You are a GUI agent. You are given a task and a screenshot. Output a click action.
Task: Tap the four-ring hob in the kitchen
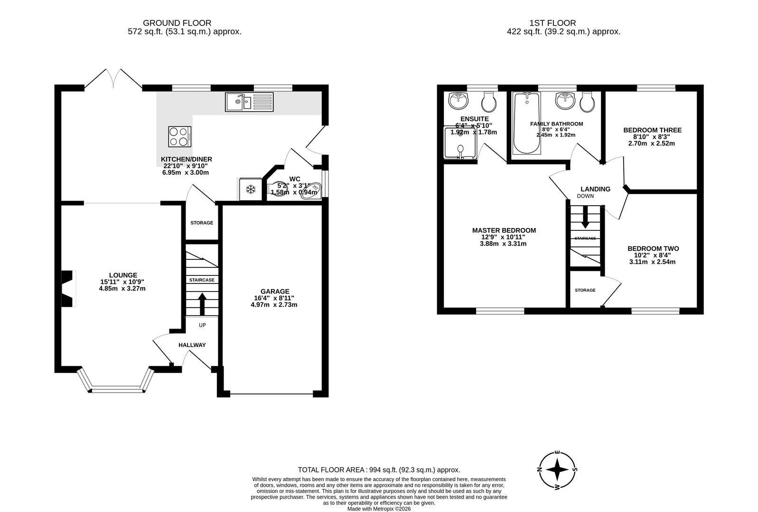pos(180,137)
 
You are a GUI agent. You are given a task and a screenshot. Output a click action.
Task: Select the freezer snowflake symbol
pos(251,190)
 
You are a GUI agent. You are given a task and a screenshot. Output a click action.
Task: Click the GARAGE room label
pos(274,291)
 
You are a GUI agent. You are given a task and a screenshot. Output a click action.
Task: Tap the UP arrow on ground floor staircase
pos(202,304)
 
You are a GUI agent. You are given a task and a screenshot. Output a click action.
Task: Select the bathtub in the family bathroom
pos(526,123)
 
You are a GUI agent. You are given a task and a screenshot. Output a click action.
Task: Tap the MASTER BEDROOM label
pos(504,230)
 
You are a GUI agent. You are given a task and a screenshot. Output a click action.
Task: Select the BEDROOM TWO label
pos(653,248)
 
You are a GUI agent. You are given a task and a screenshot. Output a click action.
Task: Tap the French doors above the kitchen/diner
pos(113,79)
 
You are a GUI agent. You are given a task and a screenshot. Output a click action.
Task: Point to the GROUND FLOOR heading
pos(177,23)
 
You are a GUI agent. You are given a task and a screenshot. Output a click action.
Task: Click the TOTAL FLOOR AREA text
pos(379,470)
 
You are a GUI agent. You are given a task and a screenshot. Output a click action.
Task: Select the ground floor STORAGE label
pos(202,223)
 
